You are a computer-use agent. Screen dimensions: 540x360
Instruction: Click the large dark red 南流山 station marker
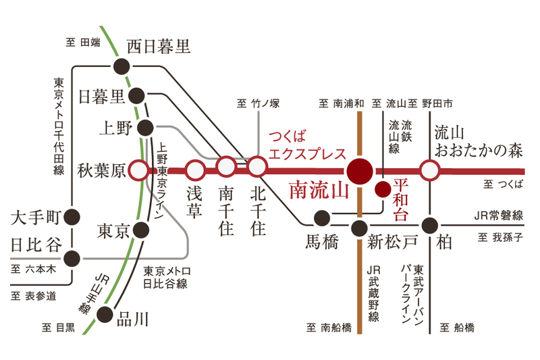pos(360,171)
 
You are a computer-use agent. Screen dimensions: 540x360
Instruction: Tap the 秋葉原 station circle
pos(138,170)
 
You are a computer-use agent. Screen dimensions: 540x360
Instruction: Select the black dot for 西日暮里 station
pos(122,66)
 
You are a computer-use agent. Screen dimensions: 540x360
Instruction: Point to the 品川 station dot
pos(105,314)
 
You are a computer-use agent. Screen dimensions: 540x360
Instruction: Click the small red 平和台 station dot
pos(383,189)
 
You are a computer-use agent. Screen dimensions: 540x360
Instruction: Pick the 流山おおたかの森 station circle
pos(429,170)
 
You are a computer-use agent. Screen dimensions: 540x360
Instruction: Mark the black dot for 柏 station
pos(429,226)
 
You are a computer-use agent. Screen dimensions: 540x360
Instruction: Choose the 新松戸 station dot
pos(359,228)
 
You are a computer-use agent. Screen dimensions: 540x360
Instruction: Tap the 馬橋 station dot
pos(322,217)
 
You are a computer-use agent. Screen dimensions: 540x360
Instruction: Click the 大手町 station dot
pos(72,217)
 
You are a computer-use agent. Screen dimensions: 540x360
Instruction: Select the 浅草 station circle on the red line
pos(195,170)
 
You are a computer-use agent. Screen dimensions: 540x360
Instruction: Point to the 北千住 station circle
pos(256,167)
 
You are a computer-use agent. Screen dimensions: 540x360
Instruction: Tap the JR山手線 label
pos(93,294)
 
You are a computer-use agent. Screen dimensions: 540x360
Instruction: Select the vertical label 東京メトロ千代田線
pos(59,126)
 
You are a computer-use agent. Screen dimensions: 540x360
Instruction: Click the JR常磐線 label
pos(499,215)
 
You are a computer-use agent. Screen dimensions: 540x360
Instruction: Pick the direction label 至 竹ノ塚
pos(259,103)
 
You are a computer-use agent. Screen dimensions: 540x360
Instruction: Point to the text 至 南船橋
pos(329,328)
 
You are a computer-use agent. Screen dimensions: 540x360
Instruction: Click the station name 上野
pos(115,128)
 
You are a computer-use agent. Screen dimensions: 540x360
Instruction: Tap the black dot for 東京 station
pos(141,230)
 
